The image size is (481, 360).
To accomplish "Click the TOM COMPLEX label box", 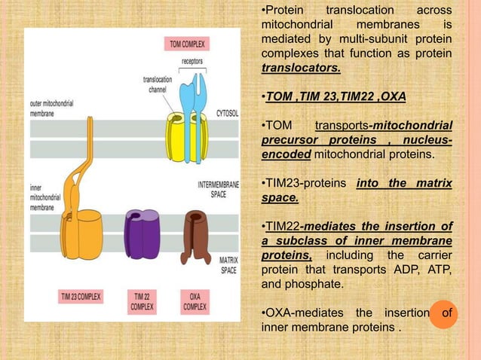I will (x=187, y=44).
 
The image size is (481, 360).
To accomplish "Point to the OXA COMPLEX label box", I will (x=195, y=301).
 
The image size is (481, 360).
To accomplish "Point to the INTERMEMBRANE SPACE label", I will (x=219, y=188).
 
